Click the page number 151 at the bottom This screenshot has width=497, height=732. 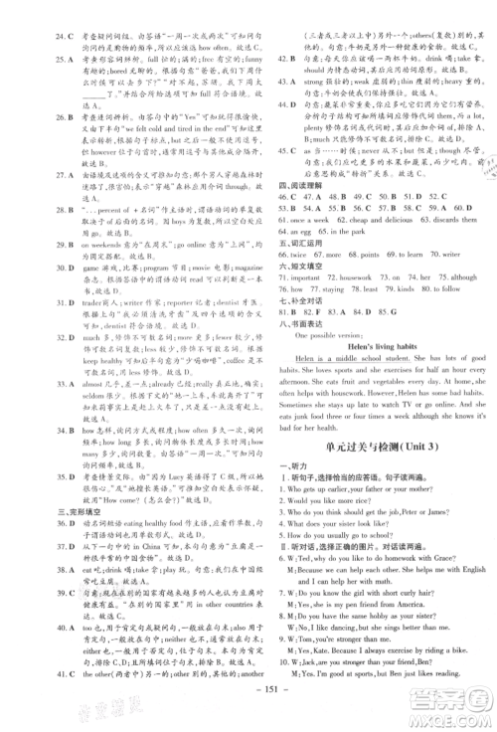pyautogui.click(x=249, y=712)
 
